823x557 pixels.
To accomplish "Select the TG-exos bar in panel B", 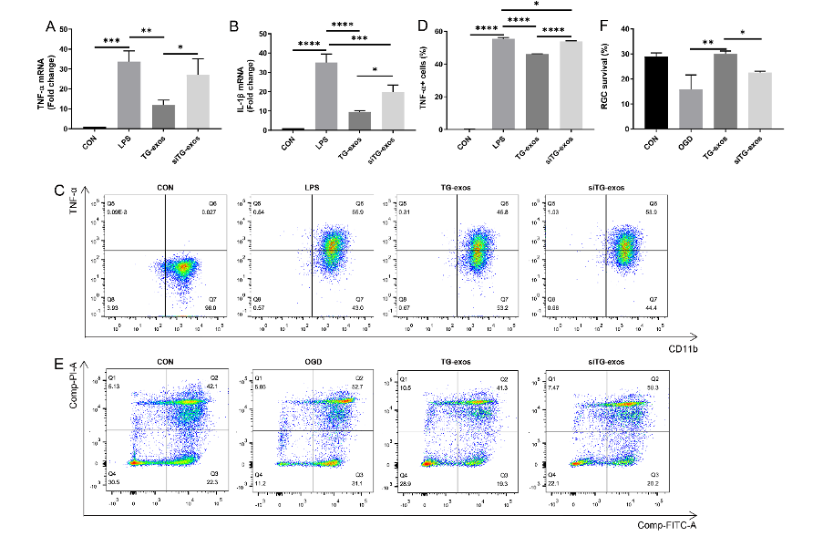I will click(334, 121).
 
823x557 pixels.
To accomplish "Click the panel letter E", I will click(58, 364).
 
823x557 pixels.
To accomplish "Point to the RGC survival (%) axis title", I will click(609, 78).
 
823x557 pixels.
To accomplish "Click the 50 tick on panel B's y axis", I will click(264, 34).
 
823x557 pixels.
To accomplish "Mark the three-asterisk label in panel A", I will click(111, 41).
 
